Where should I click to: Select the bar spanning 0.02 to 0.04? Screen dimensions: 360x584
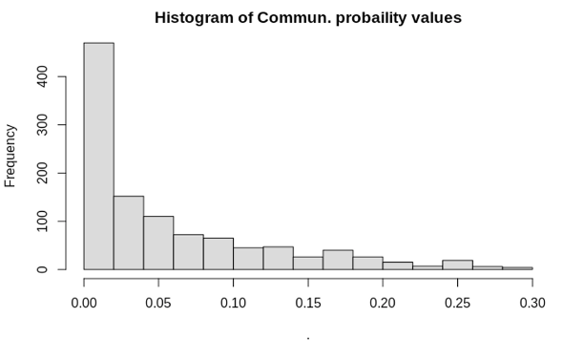click(x=129, y=233)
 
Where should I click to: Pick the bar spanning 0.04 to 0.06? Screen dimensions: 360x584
click(x=158, y=243)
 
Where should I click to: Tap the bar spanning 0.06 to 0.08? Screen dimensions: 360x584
click(x=189, y=252)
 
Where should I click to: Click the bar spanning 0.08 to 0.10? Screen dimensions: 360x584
click(x=219, y=254)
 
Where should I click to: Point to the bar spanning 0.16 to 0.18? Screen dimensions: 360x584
click(x=338, y=260)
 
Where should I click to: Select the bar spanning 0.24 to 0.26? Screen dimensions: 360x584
click(x=457, y=265)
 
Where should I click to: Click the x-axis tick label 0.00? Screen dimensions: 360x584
click(x=84, y=303)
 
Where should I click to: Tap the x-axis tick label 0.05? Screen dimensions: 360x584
click(x=158, y=303)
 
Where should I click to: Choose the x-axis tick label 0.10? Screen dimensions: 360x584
click(x=234, y=303)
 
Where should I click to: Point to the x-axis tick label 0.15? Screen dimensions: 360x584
click(x=308, y=303)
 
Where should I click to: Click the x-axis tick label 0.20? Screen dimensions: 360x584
click(x=383, y=303)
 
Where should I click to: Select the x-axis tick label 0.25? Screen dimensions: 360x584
click(x=457, y=303)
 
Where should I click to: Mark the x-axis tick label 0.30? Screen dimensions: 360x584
click(x=532, y=303)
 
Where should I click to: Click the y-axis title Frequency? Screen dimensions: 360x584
click(x=10, y=156)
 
